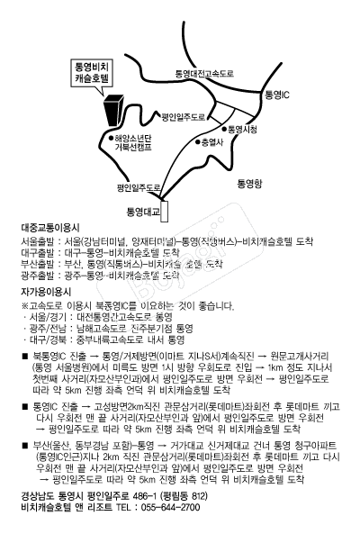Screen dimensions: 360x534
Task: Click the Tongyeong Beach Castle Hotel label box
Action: [92, 73]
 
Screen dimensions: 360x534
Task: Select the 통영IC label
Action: [275, 94]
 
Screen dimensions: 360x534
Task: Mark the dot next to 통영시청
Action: [226, 128]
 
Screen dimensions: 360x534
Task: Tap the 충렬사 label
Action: [211, 142]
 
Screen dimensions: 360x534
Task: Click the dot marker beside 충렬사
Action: [200, 141]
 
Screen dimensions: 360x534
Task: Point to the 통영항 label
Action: [248, 183]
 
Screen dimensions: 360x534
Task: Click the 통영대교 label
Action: [142, 212]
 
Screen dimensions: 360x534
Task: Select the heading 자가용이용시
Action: [45, 294]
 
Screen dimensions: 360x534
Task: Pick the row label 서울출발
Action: [37, 242]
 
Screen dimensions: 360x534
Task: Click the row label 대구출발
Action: [37, 253]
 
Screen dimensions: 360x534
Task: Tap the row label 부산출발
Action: [37, 265]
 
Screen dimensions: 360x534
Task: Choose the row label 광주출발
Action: [37, 276]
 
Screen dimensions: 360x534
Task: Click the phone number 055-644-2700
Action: [167, 507]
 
